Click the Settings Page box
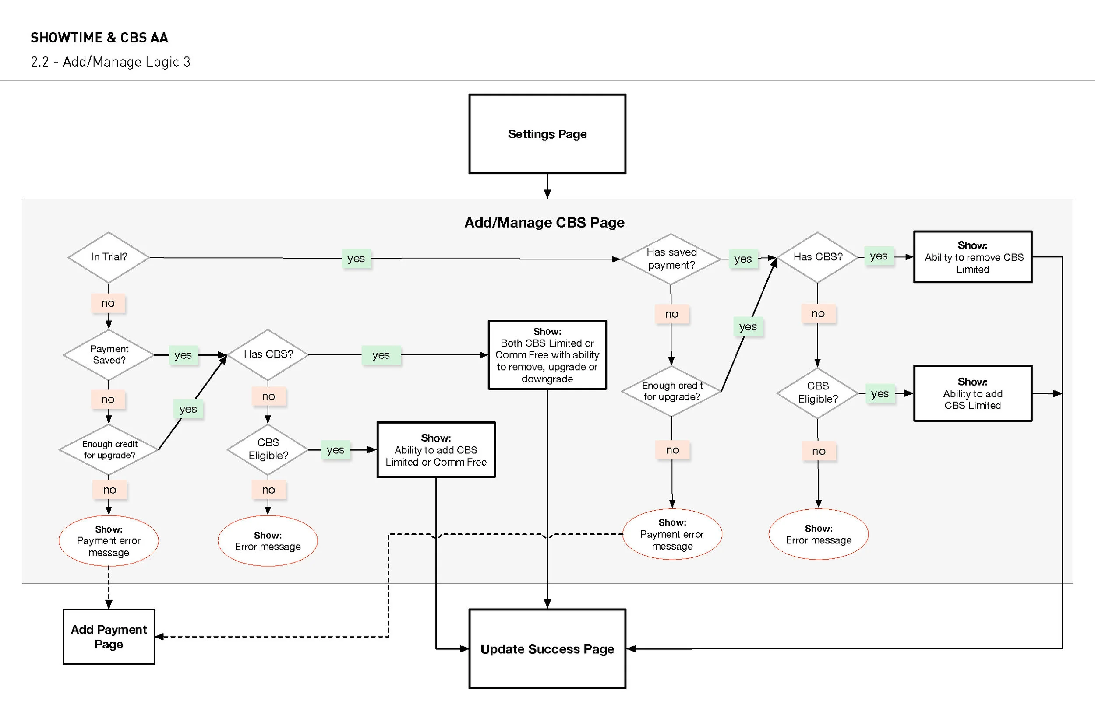coord(547,134)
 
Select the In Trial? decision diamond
coord(109,257)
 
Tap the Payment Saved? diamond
coord(109,354)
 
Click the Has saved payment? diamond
coord(671,259)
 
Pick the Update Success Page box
coord(547,648)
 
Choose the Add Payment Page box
coord(109,637)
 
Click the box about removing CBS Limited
coord(973,257)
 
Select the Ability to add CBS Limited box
coord(973,393)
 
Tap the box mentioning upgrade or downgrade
coord(547,355)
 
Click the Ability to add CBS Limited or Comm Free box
coord(436,450)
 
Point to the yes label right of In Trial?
coord(356,258)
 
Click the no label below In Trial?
coord(108,303)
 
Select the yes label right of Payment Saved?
coord(183,355)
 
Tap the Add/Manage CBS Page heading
coord(544,223)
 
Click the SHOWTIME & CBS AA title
coord(99,38)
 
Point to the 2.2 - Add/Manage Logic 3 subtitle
coord(110,62)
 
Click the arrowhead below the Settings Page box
coord(547,194)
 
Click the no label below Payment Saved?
coord(108,400)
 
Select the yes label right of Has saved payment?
coord(743,259)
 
